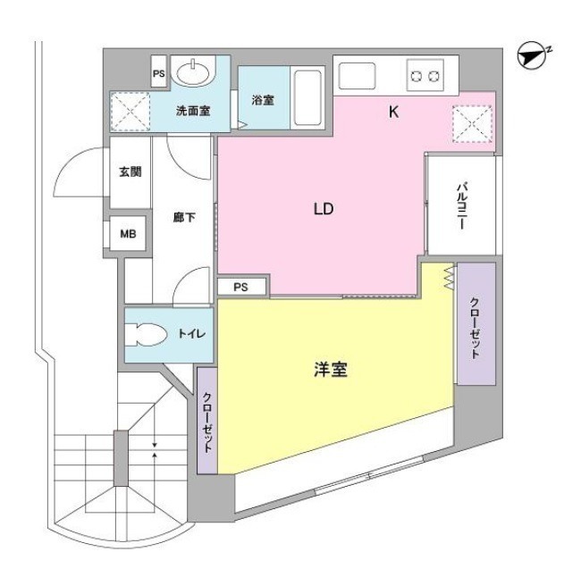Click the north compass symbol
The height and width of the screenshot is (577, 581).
tap(533, 55)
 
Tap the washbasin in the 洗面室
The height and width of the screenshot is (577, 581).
tap(195, 71)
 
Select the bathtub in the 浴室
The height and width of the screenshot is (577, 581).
tap(307, 97)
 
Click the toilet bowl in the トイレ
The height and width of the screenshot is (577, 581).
tap(146, 335)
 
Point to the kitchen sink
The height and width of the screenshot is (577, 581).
tap(357, 76)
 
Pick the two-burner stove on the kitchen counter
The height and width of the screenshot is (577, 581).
tap(425, 76)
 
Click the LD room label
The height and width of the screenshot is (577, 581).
tap(324, 209)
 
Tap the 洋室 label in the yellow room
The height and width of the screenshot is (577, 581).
tap(331, 369)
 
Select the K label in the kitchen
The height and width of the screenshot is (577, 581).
tap(393, 112)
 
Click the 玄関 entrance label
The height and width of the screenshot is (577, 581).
tap(131, 171)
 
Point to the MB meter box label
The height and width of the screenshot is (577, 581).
tap(128, 234)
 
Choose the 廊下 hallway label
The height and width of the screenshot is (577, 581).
tap(184, 217)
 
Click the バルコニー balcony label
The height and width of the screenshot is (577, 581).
tap(462, 205)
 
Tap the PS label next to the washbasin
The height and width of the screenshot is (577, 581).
tap(159, 74)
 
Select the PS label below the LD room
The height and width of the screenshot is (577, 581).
tap(240, 287)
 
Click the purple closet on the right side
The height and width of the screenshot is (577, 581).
tap(476, 324)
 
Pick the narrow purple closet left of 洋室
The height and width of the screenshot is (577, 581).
tap(206, 421)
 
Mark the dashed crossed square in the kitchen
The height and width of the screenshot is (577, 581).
tap(473, 124)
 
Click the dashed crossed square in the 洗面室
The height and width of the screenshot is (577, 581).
tap(131, 112)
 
